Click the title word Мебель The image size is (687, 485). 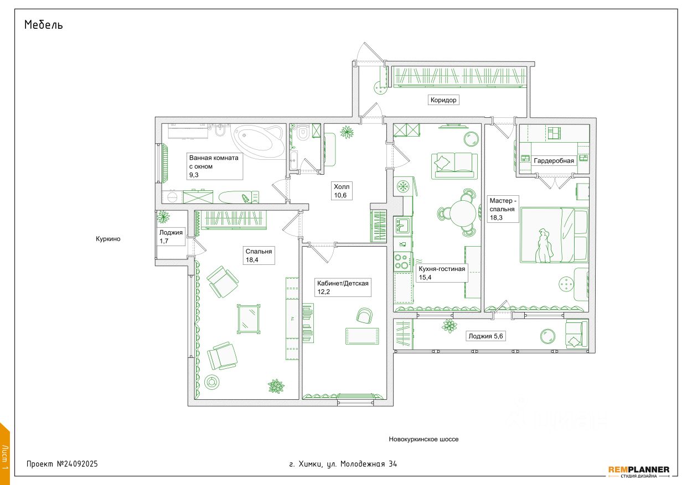(x=43, y=25)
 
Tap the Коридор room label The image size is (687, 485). (x=443, y=100)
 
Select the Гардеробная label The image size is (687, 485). (x=554, y=161)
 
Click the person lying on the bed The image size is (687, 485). (x=543, y=246)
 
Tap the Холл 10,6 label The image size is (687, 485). (x=341, y=191)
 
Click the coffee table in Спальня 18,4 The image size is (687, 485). (x=249, y=318)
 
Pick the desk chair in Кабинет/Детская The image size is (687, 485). (x=364, y=315)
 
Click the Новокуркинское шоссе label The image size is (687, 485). (x=423, y=439)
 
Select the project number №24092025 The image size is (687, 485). (x=78, y=464)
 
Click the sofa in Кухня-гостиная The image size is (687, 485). (x=454, y=165)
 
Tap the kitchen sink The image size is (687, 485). (x=402, y=225)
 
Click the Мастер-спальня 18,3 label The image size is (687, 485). (x=503, y=209)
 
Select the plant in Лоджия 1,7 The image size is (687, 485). (x=163, y=216)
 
